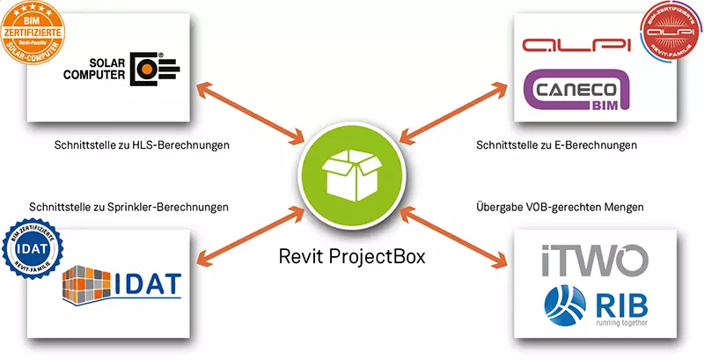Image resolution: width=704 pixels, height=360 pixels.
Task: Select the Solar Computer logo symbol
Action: point(152,70)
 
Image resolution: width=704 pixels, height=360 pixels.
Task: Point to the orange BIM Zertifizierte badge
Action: point(36,35)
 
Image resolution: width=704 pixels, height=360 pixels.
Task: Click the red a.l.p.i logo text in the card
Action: point(571,46)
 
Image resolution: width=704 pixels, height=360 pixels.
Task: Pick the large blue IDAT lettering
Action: point(147,283)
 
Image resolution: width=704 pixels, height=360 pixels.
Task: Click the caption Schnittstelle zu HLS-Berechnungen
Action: point(141,144)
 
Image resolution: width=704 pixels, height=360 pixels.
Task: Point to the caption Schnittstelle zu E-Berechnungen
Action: point(556,144)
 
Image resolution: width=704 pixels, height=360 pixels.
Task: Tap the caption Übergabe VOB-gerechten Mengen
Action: point(557,208)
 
